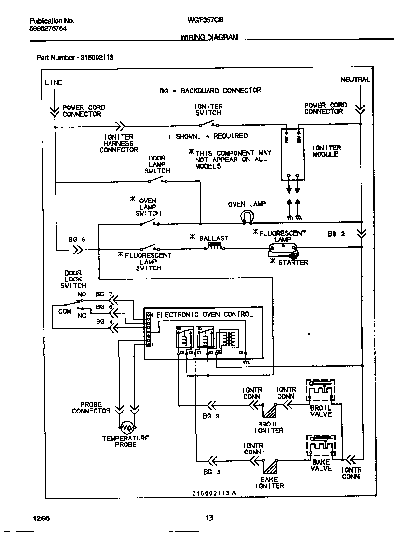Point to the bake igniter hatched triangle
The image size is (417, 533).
(270, 466)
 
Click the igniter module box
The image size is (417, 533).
(292, 155)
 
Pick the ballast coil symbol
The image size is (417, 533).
(215, 247)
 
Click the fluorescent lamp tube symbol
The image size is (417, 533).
(282, 249)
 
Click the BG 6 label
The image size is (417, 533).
(77, 239)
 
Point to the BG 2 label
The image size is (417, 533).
(336, 234)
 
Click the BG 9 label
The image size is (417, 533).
(211, 416)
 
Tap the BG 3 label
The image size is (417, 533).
(211, 472)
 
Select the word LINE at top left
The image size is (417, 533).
(54, 82)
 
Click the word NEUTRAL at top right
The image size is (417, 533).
(355, 80)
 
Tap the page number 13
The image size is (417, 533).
(209, 518)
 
